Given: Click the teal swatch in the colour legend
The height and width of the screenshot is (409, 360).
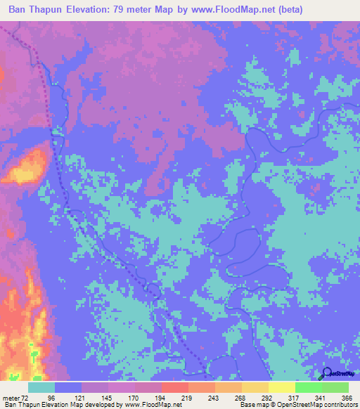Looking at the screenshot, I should [41, 387].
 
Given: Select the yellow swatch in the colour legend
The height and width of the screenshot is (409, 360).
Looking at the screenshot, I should [282, 387].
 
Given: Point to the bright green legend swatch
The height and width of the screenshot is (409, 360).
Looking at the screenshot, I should [309, 387].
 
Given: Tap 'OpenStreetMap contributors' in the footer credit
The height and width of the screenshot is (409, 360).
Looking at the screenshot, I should [322, 405].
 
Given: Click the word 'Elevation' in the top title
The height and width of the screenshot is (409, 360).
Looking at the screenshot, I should [103, 11].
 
